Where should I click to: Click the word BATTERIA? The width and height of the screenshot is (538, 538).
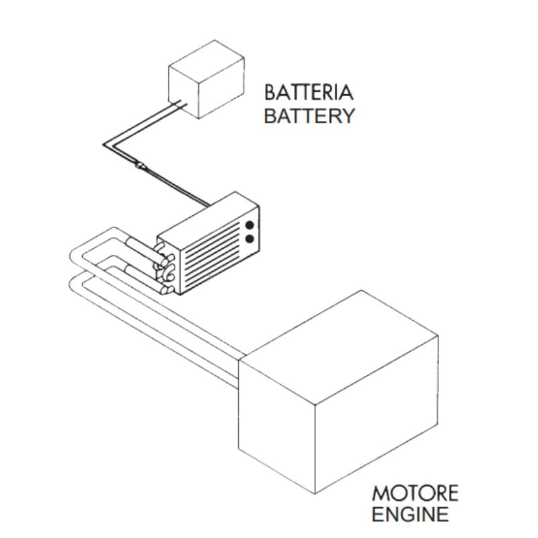pos(308,91)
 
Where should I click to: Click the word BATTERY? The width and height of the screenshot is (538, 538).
pos(308,116)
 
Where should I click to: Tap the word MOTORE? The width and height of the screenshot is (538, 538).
pos(415,493)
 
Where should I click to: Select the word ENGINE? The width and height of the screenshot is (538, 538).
pos(410,516)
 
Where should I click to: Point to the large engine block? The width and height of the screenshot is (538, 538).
pos(340,397)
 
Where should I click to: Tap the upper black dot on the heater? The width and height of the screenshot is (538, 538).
pos(250,225)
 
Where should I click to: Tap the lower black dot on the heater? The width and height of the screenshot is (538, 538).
pos(250,239)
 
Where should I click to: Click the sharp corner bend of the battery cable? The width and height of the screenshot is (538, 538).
pos(107,144)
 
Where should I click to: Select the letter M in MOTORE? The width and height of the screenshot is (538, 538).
pos(381,493)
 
